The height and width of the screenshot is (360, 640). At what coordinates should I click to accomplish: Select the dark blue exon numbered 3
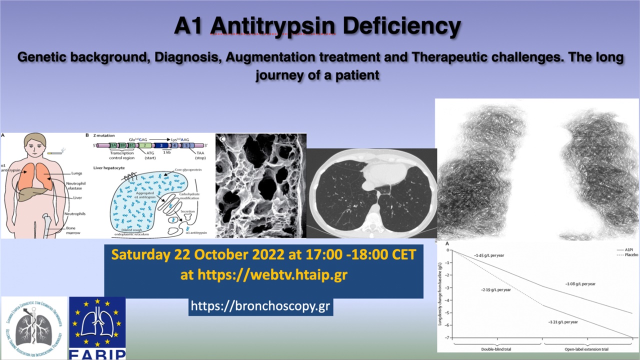(161, 146)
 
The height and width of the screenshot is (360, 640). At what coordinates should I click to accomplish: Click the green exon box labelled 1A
(113, 146)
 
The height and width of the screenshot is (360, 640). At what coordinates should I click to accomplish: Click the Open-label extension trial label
(586, 348)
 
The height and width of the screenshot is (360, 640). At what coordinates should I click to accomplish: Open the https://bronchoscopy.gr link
(260, 306)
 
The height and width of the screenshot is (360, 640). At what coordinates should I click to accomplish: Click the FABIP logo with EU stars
(97, 328)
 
